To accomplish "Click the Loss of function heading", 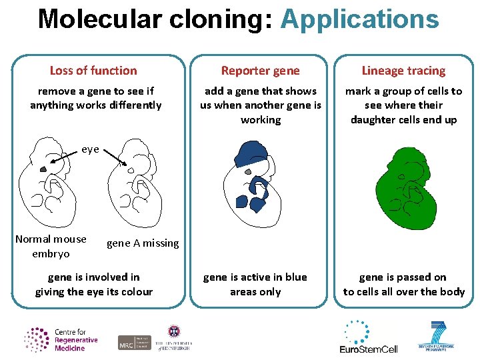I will tap(93, 71).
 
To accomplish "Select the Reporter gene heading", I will tap(260, 71).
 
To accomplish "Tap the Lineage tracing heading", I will tap(403, 71).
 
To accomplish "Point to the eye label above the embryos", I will tap(90, 149).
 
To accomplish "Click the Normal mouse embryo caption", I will tap(51, 246).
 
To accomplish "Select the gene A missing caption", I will tap(143, 243).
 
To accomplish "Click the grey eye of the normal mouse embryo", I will tap(43, 169).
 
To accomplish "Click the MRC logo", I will tap(134, 343).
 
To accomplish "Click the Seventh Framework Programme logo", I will tap(437, 337).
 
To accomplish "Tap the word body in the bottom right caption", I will tap(452, 292).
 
